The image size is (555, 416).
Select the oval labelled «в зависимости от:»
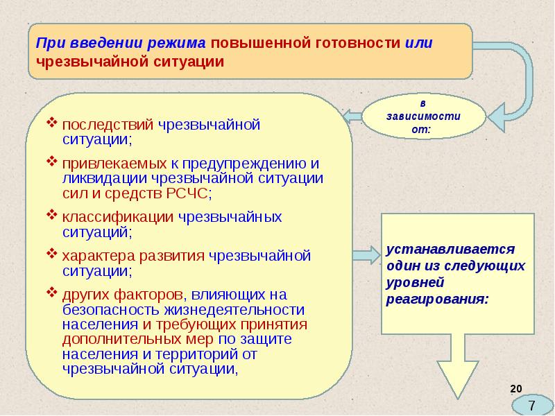click(423, 116)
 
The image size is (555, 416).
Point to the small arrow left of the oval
click(352, 116)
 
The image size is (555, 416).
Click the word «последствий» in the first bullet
click(108, 125)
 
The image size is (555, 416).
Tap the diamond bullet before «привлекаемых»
click(51, 162)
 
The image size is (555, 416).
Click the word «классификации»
click(117, 217)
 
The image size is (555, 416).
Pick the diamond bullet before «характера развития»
click(51, 253)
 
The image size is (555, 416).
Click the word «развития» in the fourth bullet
click(171, 256)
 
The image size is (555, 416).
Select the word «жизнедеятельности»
click(234, 309)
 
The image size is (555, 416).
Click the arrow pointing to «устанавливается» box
click(367, 255)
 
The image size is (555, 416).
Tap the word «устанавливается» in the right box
click(450, 250)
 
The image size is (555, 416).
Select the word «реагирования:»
click(438, 300)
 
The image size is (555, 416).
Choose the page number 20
click(516, 389)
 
